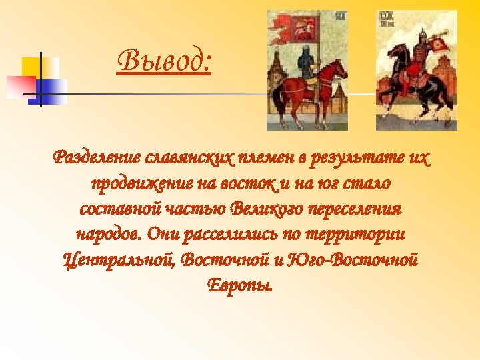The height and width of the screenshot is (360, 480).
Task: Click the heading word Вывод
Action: pos(164,64)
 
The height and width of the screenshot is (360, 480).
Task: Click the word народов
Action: pos(107,235)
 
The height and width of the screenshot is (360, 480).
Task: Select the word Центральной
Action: pos(117,259)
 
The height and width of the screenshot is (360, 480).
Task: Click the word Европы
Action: pos(240,285)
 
